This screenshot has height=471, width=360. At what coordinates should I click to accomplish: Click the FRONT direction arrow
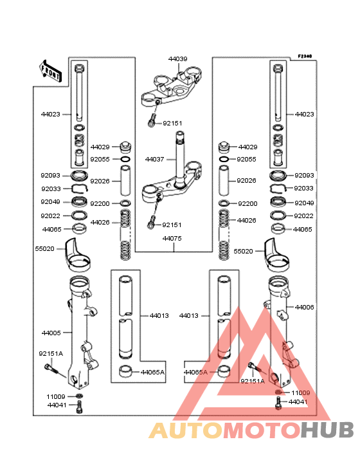(x=50, y=71)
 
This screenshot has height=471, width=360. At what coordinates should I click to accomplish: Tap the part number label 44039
(x=177, y=59)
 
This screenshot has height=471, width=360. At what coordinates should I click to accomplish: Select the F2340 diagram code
(x=305, y=56)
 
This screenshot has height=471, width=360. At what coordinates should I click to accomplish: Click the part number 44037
(x=154, y=159)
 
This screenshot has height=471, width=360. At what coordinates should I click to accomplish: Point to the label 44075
(x=172, y=238)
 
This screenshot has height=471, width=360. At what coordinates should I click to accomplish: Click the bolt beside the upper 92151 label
(x=152, y=120)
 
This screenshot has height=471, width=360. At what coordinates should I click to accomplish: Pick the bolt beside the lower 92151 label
(x=152, y=222)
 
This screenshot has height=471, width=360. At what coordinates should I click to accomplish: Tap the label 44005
(x=51, y=333)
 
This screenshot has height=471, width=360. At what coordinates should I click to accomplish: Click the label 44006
(x=304, y=307)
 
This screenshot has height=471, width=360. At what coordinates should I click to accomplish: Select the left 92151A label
(x=51, y=353)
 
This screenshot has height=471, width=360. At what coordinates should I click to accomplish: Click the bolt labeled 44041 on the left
(x=80, y=407)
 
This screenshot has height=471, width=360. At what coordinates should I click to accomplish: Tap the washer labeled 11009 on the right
(x=279, y=392)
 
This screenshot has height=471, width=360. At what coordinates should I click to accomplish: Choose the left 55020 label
(x=45, y=249)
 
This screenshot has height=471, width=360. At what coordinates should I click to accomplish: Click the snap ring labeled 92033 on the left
(x=79, y=189)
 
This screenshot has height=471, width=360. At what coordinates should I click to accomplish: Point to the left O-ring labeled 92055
(x=125, y=159)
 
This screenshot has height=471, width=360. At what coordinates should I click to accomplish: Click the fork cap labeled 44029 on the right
(x=224, y=147)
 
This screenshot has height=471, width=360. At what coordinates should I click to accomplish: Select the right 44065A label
(x=195, y=372)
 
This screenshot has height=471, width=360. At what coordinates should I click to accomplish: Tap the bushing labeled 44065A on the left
(x=126, y=371)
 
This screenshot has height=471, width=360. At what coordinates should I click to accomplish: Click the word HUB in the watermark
(x=328, y=430)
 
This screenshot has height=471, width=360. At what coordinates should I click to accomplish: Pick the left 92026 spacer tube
(x=125, y=181)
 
